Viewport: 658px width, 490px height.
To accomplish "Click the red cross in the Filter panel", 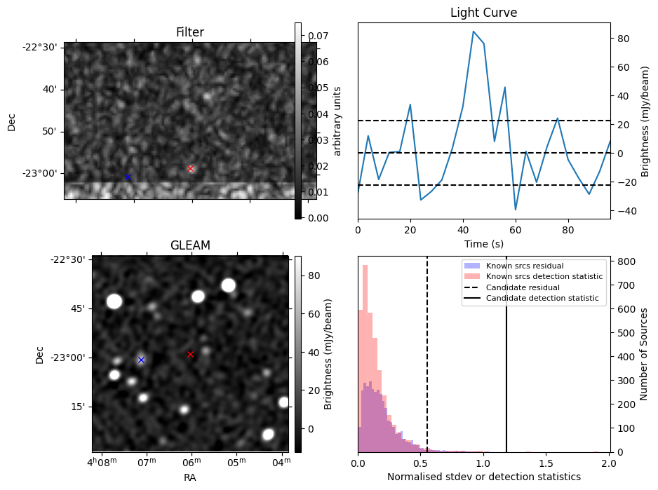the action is click(x=191, y=169).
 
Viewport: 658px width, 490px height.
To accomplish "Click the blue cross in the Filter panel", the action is click(x=128, y=177).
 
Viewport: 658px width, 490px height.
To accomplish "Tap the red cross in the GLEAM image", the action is click(x=190, y=355).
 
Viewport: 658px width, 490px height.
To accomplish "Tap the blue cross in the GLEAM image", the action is click(x=142, y=360).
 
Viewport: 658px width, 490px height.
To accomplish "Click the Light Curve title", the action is click(x=483, y=13).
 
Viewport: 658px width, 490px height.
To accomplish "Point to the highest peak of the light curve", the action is click(x=474, y=32).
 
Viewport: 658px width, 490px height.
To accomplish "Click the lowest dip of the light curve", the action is click(x=516, y=210).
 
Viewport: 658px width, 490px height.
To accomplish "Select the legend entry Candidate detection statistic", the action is click(x=542, y=299).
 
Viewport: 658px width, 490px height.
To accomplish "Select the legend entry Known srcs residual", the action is click(x=525, y=266).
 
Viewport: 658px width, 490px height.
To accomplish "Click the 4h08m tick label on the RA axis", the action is click(x=102, y=463).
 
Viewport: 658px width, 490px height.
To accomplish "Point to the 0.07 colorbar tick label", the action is click(x=318, y=36).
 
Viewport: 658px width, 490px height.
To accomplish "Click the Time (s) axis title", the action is click(x=484, y=244).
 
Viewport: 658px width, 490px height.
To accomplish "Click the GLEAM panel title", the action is click(x=190, y=245).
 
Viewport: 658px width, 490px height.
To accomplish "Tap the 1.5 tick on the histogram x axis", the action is click(x=546, y=463).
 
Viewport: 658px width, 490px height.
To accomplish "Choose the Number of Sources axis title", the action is click(x=644, y=354).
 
